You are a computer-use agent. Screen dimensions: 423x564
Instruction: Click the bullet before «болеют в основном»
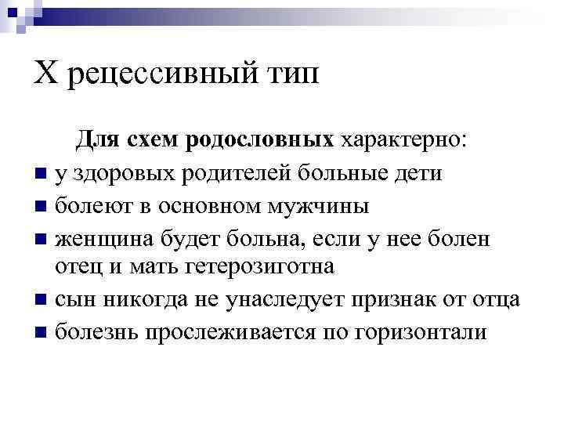click(40, 207)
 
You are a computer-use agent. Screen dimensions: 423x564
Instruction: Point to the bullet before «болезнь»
click(40, 332)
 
